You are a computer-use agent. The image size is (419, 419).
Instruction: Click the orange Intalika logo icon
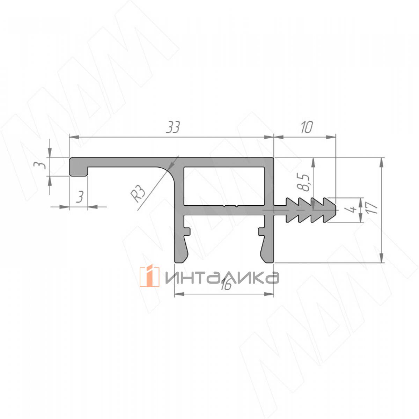click(149, 277)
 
